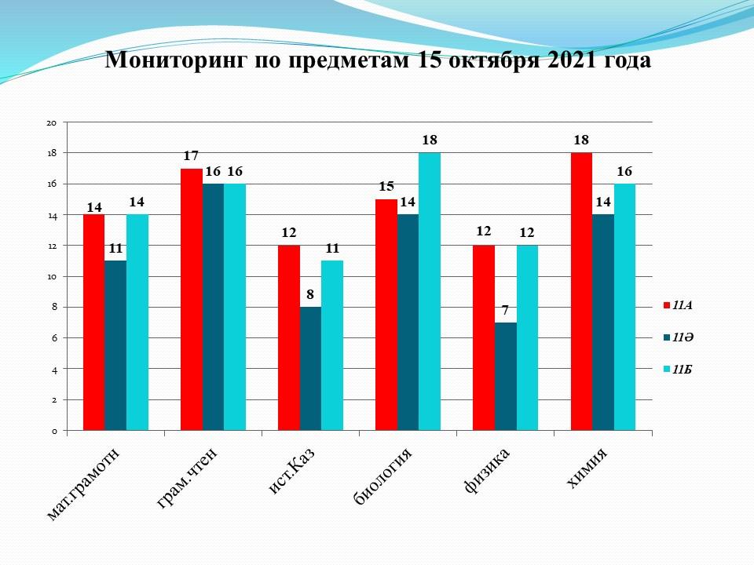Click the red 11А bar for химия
tap(581, 291)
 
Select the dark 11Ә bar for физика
tap(505, 376)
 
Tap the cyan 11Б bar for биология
tap(429, 291)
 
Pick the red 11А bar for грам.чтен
tap(191, 299)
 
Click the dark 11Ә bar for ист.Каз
tap(310, 368)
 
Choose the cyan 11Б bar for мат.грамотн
tap(137, 322)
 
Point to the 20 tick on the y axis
tap(52, 122)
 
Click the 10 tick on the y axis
tap(52, 276)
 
